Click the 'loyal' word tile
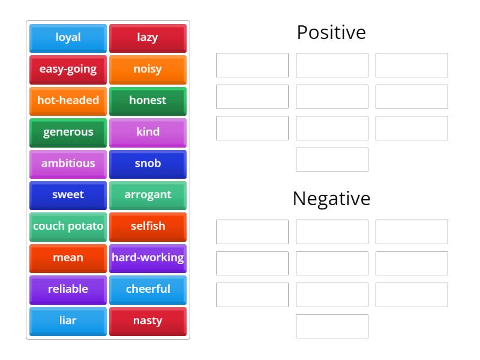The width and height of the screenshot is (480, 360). click(68, 38)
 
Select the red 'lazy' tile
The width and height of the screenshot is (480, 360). click(148, 38)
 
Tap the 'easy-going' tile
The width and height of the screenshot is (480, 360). click(68, 69)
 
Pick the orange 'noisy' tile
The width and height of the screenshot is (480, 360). click(148, 69)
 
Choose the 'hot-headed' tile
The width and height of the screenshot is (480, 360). click(68, 101)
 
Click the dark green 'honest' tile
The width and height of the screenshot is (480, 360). click(148, 101)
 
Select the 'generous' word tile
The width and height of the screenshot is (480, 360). click(68, 132)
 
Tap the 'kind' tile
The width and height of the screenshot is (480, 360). click(148, 132)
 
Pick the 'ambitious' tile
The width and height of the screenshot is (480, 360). click(68, 163)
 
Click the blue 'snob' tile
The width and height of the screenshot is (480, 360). click(148, 163)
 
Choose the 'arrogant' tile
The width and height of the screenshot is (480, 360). click(148, 195)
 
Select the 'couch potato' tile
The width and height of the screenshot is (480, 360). click(68, 226)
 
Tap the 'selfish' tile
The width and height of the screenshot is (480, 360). click(148, 226)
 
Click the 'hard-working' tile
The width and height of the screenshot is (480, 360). click(148, 258)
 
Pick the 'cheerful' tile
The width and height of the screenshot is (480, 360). click(148, 289)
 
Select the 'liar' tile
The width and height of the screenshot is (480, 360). click(68, 320)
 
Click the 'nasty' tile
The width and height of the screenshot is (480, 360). click(148, 320)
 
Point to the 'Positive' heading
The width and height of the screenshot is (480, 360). click(331, 32)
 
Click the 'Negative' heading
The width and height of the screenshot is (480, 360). click(331, 199)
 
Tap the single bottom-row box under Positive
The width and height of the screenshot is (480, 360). click(332, 160)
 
